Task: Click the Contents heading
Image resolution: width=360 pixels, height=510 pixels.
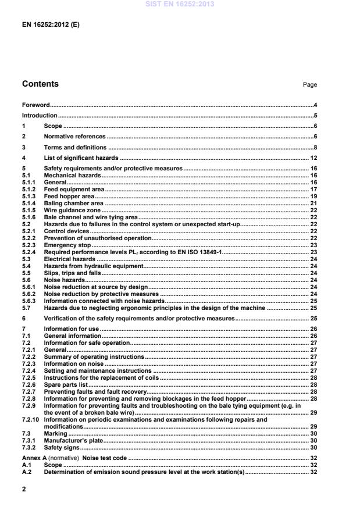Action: [x=40, y=84]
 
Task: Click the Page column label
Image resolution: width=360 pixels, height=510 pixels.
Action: [x=309, y=85]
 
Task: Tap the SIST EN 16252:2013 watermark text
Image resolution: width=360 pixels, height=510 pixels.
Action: [x=180, y=4]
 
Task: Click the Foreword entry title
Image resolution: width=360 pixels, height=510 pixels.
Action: [x=35, y=105]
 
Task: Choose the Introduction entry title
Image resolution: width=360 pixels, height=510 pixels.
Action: [x=39, y=116]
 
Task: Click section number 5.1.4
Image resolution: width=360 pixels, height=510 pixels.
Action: [x=30, y=203]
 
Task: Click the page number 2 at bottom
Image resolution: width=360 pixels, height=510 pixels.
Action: [x=24, y=489]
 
